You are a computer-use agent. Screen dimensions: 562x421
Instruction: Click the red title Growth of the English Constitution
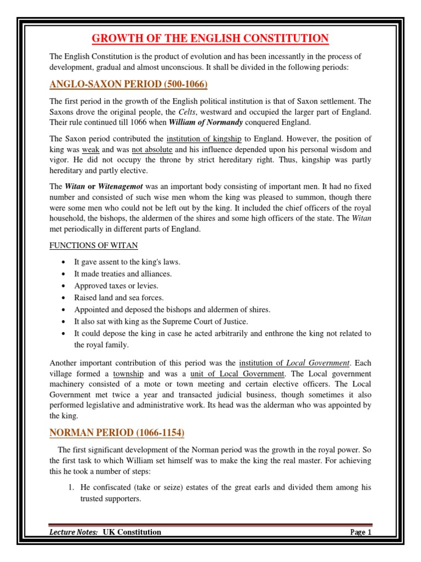tap(210, 38)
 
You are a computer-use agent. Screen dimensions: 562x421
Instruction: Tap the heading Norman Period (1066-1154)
tap(117, 433)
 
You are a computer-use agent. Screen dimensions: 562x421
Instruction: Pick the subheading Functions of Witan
tap(94, 245)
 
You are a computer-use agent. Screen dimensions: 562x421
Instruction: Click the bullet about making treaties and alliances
tap(123, 273)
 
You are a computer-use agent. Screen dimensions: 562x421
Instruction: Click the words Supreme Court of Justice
tap(209, 322)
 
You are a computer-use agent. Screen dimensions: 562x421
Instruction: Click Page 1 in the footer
tap(361, 532)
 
